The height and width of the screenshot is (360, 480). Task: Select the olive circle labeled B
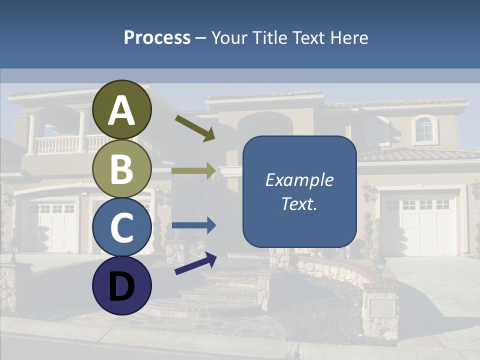(121, 168)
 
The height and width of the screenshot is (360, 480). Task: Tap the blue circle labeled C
(121, 227)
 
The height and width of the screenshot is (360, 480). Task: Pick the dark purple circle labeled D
(121, 285)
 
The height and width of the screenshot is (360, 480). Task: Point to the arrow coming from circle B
(193, 170)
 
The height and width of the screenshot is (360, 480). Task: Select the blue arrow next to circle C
(193, 225)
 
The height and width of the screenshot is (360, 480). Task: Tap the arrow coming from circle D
(195, 263)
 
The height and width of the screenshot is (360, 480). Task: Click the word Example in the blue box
(299, 180)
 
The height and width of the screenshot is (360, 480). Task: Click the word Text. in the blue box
(299, 203)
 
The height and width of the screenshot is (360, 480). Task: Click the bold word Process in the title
(157, 37)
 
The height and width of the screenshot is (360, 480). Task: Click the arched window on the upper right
(424, 129)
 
